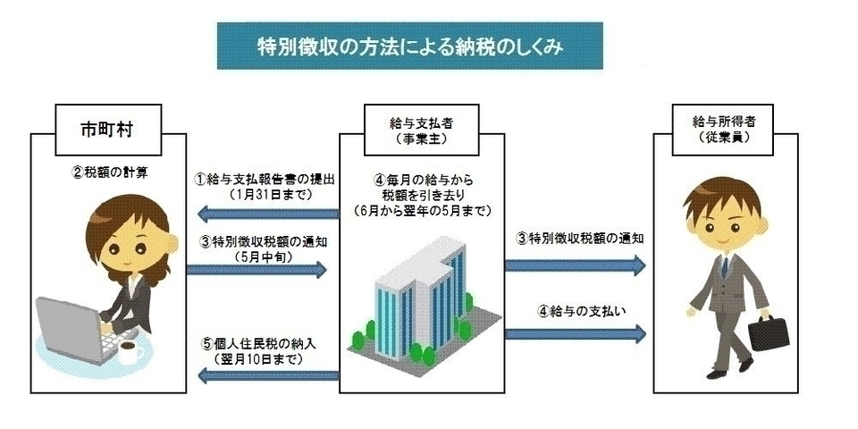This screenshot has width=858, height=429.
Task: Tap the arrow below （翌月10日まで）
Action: (265, 376)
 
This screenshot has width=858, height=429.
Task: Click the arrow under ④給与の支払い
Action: (575, 334)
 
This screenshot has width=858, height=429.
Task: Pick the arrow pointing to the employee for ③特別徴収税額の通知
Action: (575, 264)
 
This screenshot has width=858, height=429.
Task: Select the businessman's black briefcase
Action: (770, 332)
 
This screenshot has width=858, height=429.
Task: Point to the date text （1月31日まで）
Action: (265, 193)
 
